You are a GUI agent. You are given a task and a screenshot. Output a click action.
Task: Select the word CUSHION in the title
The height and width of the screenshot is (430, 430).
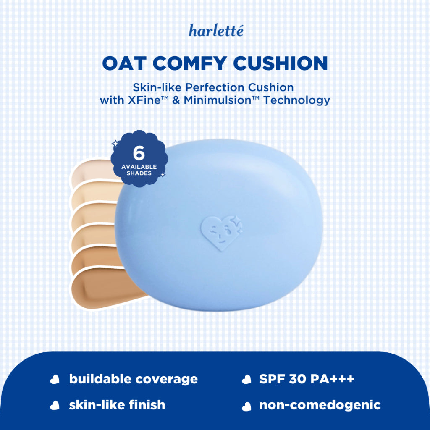(280, 63)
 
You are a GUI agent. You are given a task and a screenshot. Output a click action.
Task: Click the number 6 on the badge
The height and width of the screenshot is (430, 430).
(139, 154)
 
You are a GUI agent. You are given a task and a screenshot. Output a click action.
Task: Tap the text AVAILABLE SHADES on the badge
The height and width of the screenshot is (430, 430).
(139, 170)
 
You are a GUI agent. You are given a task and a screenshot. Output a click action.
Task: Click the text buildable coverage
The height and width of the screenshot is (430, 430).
(133, 379)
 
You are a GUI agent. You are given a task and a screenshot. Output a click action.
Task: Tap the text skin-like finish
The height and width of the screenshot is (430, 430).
(117, 405)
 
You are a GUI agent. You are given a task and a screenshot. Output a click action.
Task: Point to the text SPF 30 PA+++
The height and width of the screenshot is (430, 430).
(307, 379)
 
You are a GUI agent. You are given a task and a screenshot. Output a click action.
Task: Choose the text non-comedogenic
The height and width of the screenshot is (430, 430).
(320, 405)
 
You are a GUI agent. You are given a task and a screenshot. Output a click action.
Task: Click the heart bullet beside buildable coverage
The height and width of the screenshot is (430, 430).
(55, 380)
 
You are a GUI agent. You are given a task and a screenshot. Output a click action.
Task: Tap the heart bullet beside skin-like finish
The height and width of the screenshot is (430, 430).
(55, 406)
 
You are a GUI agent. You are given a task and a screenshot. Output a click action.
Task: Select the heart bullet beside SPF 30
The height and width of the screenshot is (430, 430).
(246, 380)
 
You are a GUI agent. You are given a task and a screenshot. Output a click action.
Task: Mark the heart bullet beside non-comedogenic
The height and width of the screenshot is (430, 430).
(246, 406)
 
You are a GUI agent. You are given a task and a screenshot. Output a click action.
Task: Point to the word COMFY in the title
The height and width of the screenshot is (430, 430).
(187, 63)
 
